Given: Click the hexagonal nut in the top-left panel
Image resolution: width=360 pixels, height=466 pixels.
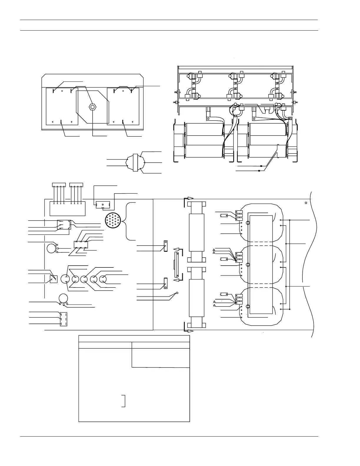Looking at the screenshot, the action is click(x=92, y=106).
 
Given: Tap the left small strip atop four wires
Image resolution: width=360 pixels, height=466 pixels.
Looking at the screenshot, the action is click(x=59, y=185).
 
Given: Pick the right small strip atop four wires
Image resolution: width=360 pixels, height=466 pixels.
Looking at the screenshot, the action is click(x=76, y=185).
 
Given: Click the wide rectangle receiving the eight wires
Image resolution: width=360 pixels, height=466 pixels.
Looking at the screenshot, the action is click(x=67, y=209).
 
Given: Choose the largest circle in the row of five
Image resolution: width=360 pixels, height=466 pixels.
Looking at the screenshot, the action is click(x=65, y=279).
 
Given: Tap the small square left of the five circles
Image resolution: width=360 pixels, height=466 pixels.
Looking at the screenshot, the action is click(x=54, y=279).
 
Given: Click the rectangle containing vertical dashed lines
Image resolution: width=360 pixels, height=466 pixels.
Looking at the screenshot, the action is click(x=64, y=319).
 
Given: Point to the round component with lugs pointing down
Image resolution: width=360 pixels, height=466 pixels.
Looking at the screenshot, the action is click(x=63, y=298).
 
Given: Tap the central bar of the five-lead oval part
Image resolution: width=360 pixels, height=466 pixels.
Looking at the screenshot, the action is click(x=135, y=162).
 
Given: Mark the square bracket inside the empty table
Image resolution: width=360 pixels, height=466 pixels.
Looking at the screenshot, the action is click(x=124, y=401).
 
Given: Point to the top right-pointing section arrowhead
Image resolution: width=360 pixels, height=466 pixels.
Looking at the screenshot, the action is click(x=190, y=198).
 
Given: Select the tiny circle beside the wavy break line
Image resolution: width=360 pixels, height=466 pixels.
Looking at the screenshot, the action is click(x=306, y=203).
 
